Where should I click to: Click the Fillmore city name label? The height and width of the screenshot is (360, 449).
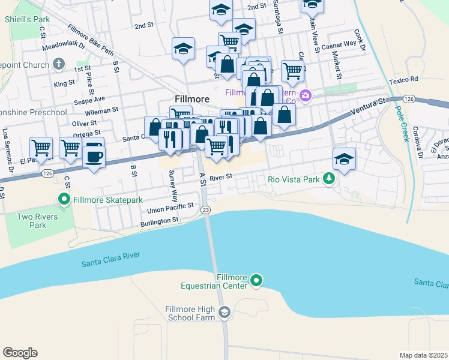click(191, 98)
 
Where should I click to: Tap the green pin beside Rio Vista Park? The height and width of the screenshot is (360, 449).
click(328, 178)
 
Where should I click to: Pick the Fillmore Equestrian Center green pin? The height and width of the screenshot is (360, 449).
click(256, 280)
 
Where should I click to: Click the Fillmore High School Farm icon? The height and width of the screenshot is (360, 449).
click(224, 312)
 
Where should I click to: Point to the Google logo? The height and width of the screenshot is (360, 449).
click(20, 352)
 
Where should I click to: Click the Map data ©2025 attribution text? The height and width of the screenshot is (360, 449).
click(423, 355)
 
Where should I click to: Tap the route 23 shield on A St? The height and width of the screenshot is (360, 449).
click(206, 209)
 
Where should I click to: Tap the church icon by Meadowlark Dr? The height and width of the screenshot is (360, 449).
click(59, 63)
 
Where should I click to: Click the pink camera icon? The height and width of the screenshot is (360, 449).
click(306, 95)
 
